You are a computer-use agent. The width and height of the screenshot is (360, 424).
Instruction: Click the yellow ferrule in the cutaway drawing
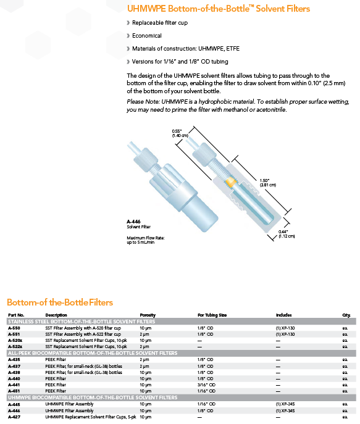[231, 181]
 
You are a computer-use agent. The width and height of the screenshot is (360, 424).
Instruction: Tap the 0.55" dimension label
[180, 133]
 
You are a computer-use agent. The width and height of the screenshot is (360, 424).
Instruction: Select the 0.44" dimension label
[287, 234]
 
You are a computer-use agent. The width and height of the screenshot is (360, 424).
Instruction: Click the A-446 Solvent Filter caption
[138, 224]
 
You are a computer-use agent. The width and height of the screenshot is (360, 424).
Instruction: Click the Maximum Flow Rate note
[146, 240]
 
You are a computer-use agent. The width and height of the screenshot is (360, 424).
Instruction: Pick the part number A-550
[14, 328]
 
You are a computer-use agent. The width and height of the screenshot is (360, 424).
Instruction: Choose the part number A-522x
[15, 346]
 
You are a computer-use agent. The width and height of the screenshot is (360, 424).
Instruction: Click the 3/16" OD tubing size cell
[206, 385]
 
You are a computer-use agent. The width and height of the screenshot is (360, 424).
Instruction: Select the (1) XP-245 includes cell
[285, 404]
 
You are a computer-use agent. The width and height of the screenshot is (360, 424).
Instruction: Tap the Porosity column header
[148, 315]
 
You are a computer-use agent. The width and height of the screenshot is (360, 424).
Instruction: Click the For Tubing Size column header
[212, 315]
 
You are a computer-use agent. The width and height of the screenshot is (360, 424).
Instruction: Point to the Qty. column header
[346, 315]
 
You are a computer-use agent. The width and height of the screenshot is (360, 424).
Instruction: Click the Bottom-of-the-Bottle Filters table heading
[60, 302]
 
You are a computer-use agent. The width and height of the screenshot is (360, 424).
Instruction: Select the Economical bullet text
[146, 36]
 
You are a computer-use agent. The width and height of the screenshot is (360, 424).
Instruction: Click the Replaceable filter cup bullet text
[160, 23]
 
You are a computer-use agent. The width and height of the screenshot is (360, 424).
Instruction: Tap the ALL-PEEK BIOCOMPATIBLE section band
[181, 353]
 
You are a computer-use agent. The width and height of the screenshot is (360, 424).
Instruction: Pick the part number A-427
[14, 417]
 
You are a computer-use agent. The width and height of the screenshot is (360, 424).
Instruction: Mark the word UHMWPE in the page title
[146, 9]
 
